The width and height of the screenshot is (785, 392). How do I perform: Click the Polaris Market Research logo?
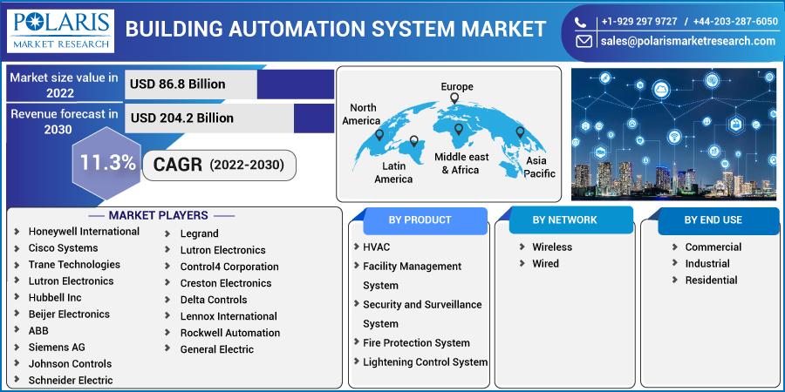(x=60, y=31)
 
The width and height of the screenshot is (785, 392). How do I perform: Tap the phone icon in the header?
(x=580, y=23)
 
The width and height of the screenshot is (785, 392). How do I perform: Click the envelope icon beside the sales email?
(x=584, y=41)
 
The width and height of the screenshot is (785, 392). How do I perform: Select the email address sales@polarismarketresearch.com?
(x=688, y=41)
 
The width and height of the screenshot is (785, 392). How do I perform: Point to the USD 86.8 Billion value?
(x=177, y=84)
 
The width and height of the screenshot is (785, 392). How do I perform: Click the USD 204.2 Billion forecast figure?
(x=181, y=118)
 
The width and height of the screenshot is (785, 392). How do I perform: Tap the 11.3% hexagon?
(x=106, y=164)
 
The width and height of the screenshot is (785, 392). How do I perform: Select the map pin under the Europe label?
(x=454, y=98)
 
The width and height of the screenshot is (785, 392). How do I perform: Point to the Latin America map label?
(x=393, y=172)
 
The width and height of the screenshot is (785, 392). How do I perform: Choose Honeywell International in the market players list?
(x=84, y=232)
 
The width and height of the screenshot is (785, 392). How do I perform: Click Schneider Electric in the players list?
(x=71, y=380)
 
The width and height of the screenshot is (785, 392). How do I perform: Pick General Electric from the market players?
(x=217, y=349)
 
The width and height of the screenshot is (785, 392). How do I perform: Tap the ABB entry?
(x=38, y=330)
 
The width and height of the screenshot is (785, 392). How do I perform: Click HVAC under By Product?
(x=377, y=247)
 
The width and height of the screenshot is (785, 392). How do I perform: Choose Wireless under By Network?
(x=552, y=247)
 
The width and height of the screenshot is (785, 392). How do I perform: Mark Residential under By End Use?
(x=711, y=280)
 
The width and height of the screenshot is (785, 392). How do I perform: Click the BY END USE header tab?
(x=713, y=220)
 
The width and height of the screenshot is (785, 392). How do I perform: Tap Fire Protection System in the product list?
(x=416, y=343)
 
